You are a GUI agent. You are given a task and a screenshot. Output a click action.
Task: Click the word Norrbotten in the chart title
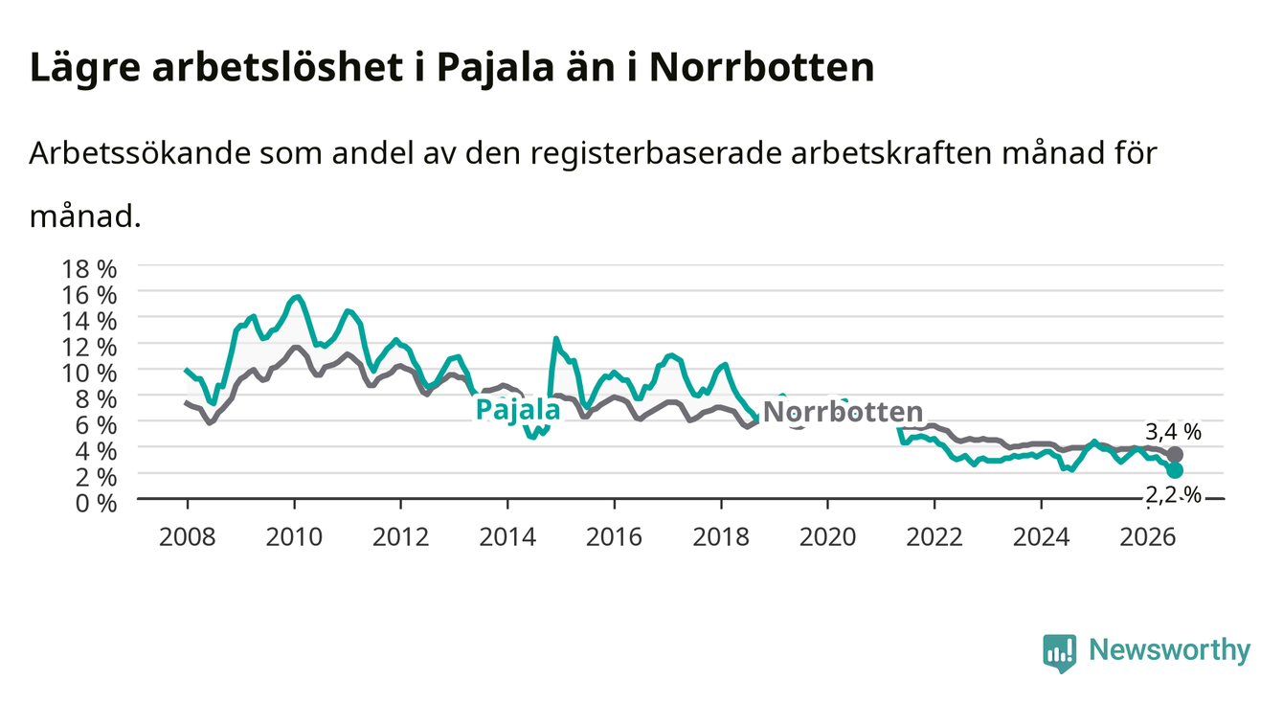[761, 67]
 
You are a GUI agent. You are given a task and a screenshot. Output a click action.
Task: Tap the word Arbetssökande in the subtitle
[140, 152]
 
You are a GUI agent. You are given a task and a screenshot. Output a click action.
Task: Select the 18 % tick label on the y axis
[89, 269]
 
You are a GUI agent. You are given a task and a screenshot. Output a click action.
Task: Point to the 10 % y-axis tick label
[89, 373]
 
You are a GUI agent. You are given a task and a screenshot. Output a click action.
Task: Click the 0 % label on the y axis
[96, 504]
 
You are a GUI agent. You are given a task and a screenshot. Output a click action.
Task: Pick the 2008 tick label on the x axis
[188, 537]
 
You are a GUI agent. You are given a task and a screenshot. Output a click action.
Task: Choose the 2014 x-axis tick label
[507, 537]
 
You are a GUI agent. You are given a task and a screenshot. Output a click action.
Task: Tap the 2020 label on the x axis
[827, 537]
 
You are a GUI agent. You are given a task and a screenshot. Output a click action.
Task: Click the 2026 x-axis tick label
[1148, 537]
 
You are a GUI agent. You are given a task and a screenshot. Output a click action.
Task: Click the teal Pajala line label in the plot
[518, 411]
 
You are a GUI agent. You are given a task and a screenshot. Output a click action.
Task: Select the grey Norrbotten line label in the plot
[844, 412]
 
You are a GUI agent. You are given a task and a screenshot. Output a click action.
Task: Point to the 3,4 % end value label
[1173, 432]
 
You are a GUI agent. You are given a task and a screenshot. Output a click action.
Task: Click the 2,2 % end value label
[1173, 494]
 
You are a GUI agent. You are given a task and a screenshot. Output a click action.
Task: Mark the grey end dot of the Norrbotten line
[1175, 455]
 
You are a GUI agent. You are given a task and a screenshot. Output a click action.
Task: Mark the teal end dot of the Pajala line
[1175, 470]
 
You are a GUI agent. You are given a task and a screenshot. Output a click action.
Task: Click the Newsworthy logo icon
[1060, 653]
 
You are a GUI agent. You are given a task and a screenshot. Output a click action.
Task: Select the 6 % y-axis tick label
[96, 425]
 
